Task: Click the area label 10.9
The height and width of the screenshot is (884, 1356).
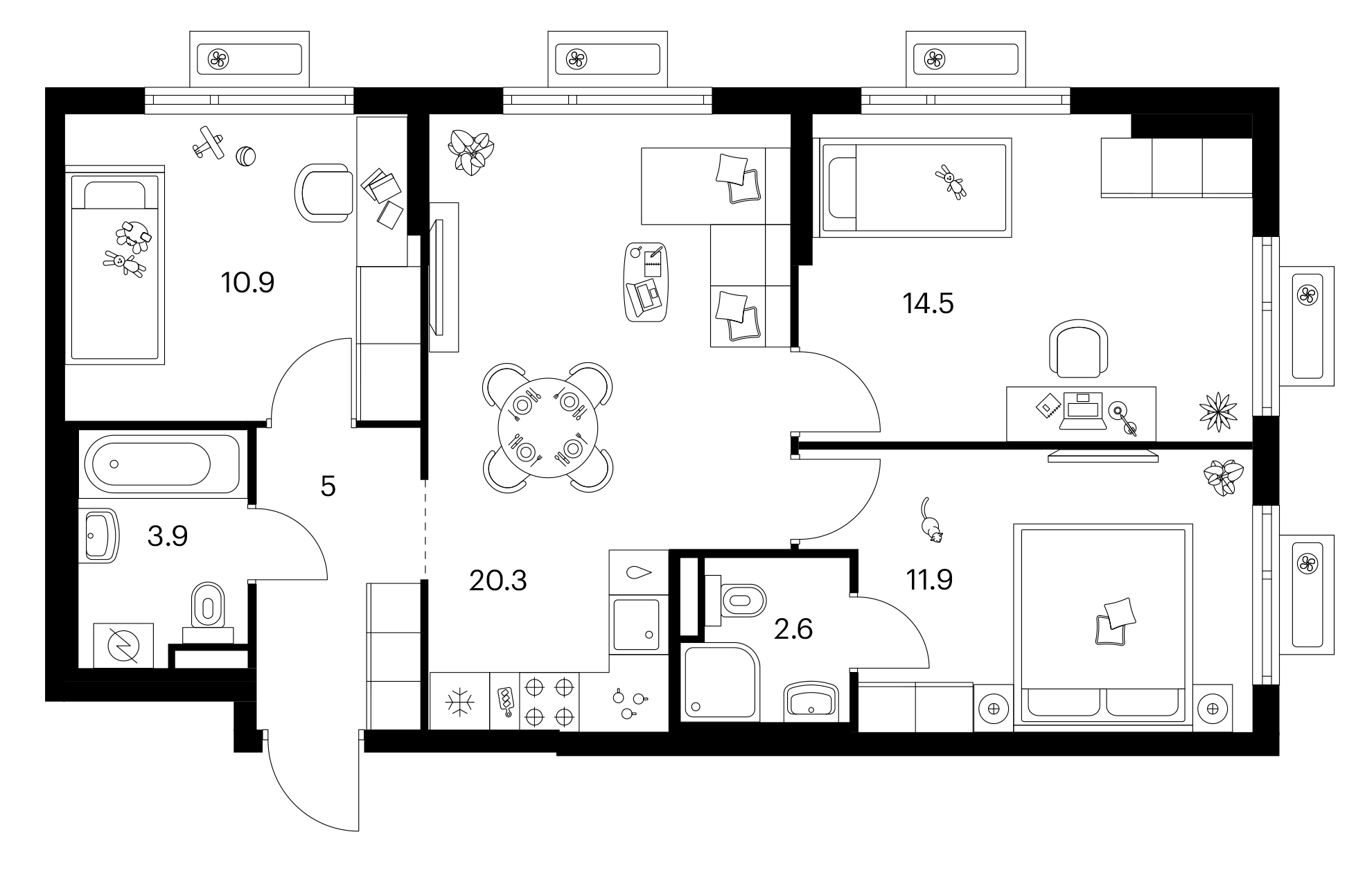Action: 247,283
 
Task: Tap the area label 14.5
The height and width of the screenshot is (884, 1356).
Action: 928,303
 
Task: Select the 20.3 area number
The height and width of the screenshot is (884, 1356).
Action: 498,581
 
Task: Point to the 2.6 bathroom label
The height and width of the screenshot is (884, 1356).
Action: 793,630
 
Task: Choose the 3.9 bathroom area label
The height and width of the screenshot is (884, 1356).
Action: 168,536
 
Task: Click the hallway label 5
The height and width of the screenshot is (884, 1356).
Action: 328,487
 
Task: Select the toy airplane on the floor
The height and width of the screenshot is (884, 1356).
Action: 209,142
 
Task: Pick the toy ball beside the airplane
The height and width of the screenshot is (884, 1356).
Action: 247,157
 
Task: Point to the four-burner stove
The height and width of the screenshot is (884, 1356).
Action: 549,701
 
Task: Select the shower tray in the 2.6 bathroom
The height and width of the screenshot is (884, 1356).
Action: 721,680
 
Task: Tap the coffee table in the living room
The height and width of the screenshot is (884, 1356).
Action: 648,281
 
